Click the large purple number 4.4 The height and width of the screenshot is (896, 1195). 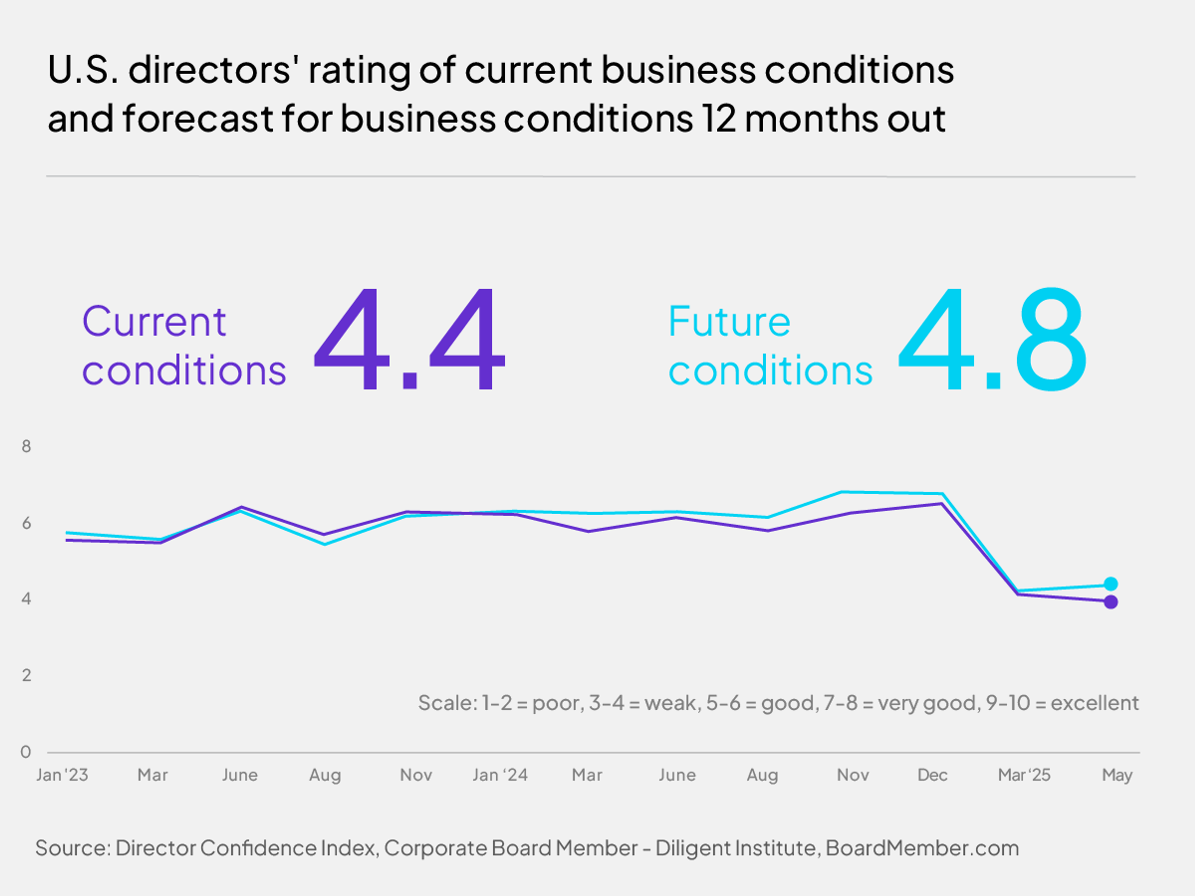click(x=409, y=339)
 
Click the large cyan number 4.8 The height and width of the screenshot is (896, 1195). click(x=992, y=339)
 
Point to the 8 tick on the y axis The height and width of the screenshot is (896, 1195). click(x=26, y=446)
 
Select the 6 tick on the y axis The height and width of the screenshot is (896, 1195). click(x=26, y=523)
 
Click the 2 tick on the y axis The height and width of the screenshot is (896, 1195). click(x=26, y=675)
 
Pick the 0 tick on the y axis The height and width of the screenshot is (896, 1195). click(x=26, y=751)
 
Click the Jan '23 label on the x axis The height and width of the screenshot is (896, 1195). click(x=62, y=775)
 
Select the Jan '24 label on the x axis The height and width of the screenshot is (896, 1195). click(x=500, y=775)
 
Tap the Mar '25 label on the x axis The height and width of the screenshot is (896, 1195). click(x=1024, y=775)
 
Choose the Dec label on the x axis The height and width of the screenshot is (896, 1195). click(x=932, y=775)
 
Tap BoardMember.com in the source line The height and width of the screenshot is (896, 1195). click(x=922, y=848)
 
